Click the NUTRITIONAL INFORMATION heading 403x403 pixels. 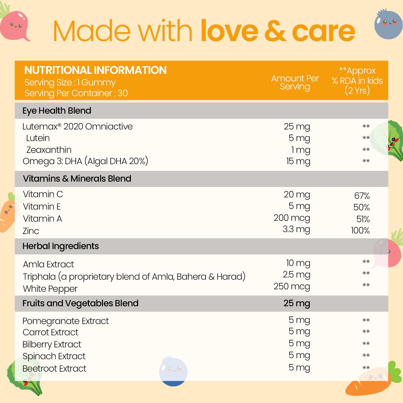[95, 70]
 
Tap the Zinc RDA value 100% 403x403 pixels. [360, 231]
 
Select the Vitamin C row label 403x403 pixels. [43, 194]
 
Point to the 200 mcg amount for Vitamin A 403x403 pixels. [292, 218]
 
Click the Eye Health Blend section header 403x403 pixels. [57, 111]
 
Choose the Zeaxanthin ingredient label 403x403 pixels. [49, 150]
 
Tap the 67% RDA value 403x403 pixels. [362, 196]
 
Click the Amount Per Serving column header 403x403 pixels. [295, 82]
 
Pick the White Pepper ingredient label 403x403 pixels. [50, 289]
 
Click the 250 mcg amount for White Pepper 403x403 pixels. [292, 286]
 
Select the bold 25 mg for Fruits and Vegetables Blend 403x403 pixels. [297, 303]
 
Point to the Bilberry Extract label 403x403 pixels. [52, 344]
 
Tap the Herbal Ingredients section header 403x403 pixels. [60, 246]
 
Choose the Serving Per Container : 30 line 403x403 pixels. [76, 93]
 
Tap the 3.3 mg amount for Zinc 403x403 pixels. [296, 229]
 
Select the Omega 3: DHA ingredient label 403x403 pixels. [85, 161]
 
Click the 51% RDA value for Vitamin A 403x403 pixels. [363, 219]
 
